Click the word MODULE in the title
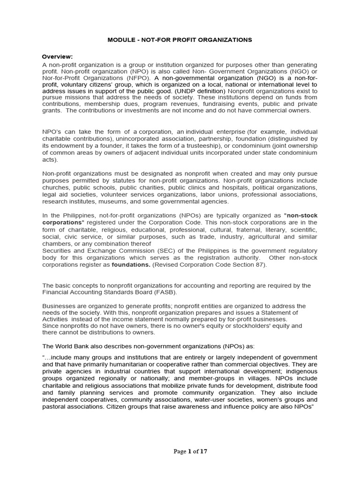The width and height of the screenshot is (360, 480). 121,40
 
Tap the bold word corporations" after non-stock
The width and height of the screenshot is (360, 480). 63,222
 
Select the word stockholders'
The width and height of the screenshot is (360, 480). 244,325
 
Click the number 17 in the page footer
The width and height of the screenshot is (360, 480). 203,451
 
